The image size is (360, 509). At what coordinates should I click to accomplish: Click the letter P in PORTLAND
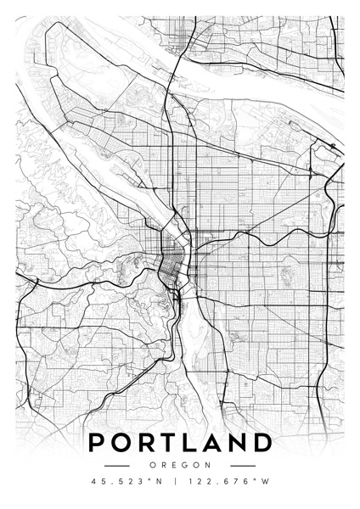tap(97, 443)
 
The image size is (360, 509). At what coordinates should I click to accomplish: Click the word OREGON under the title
tap(180, 465)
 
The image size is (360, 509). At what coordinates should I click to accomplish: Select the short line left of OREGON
tap(115, 465)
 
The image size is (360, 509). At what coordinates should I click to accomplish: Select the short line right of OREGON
tap(243, 465)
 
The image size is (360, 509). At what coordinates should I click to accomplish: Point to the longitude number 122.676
tap(223, 483)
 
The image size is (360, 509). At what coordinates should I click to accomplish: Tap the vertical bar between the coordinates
tap(180, 483)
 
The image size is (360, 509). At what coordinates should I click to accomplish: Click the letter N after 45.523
tap(158, 483)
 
